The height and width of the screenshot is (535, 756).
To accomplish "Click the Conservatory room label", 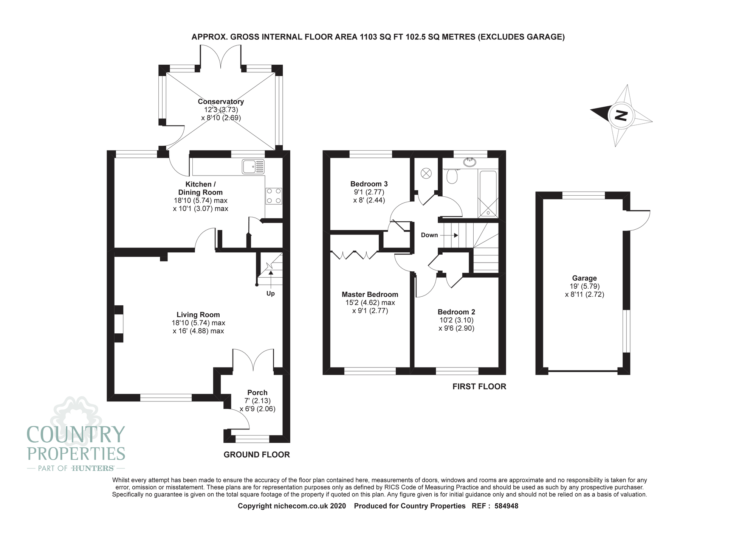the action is point(221,101).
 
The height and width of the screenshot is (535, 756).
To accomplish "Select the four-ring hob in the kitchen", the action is point(274,196).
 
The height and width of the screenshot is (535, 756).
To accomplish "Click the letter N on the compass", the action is point(621,115).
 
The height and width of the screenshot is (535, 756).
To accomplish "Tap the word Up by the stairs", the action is point(271,294).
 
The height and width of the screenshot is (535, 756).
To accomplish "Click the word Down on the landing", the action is point(429,235).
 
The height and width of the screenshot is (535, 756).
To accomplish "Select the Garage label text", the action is point(584,278).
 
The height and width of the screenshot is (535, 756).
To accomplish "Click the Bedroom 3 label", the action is point(369,184).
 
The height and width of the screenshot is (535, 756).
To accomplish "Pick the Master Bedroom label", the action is point(370,294).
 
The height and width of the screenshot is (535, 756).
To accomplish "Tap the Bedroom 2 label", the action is point(456,312).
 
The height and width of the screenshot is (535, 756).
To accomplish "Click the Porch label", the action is point(257,393).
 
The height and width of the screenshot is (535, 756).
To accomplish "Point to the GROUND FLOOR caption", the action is point(257,455).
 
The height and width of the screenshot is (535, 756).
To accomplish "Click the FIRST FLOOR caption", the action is point(479,386).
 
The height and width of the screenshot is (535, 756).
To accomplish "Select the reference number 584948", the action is point(506,506).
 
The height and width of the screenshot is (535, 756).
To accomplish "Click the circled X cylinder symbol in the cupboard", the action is point(426,173).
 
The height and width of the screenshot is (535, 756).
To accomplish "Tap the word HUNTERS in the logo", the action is point(93,468).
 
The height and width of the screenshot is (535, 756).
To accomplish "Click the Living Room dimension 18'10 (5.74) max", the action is point(198,323).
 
